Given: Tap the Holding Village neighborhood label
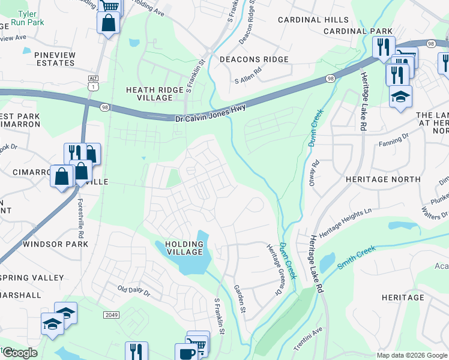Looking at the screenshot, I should click(x=179, y=248).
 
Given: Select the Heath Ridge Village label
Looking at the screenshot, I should click(x=154, y=94).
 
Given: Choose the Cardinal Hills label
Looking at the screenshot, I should click(x=313, y=20).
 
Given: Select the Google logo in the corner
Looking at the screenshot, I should click(x=20, y=353).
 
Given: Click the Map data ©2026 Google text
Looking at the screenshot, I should click(x=411, y=355).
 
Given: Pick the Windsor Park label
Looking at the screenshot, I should click(x=55, y=244).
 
